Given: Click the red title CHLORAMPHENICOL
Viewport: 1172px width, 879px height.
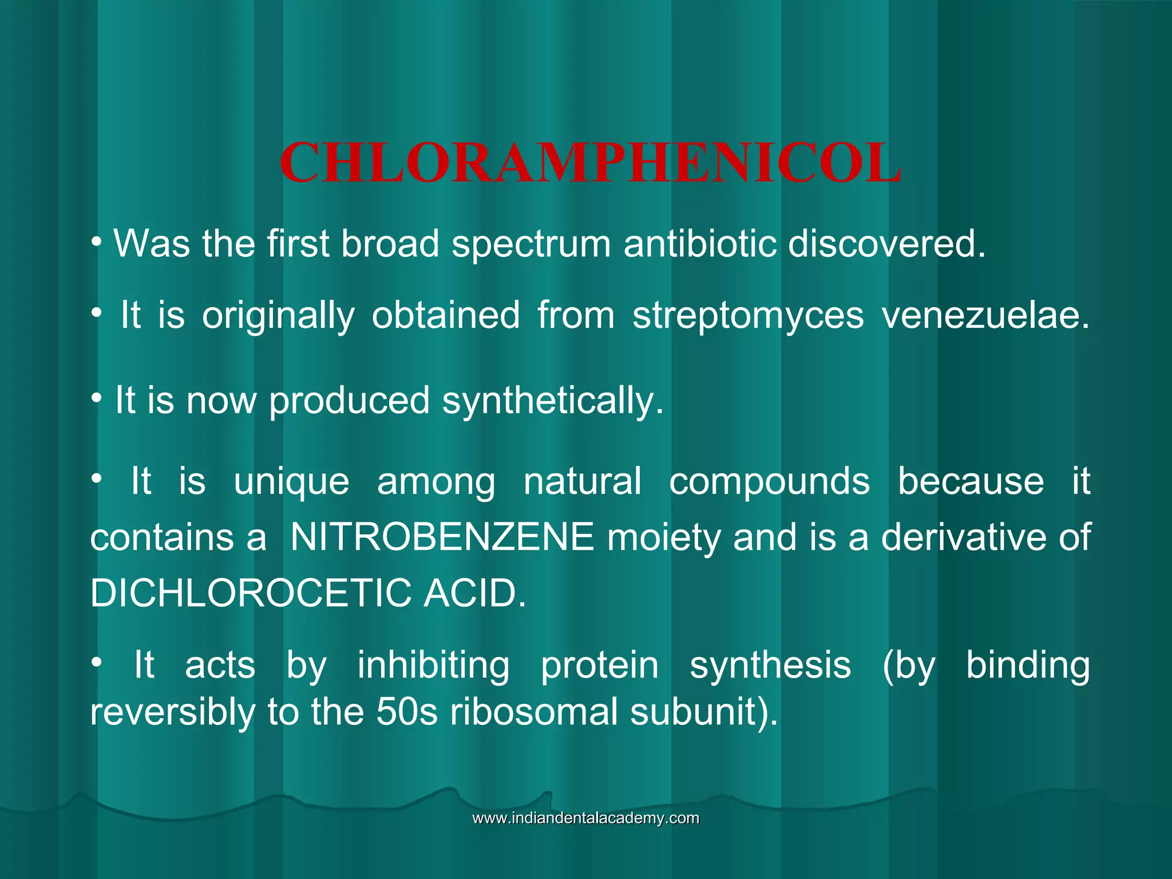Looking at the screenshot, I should coord(590,164).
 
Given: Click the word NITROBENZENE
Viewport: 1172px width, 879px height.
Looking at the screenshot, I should coord(442,537).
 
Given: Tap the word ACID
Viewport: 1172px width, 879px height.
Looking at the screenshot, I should coord(474,593).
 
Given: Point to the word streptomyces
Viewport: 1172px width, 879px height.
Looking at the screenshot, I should coord(748,316).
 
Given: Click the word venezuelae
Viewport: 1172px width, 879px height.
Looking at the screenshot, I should coord(985,316).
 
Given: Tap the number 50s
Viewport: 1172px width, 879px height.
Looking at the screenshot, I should coord(407,712).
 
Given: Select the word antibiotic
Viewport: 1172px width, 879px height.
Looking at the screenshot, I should coord(699,244).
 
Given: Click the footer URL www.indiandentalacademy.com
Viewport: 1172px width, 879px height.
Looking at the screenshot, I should coord(585,818).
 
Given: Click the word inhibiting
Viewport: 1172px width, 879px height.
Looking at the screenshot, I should coord(433,666).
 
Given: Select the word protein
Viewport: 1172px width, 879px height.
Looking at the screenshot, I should coord(600,666).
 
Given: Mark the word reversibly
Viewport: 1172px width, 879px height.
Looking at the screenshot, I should coord(172,713).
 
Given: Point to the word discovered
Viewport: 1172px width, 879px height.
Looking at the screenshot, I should coord(886,244).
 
